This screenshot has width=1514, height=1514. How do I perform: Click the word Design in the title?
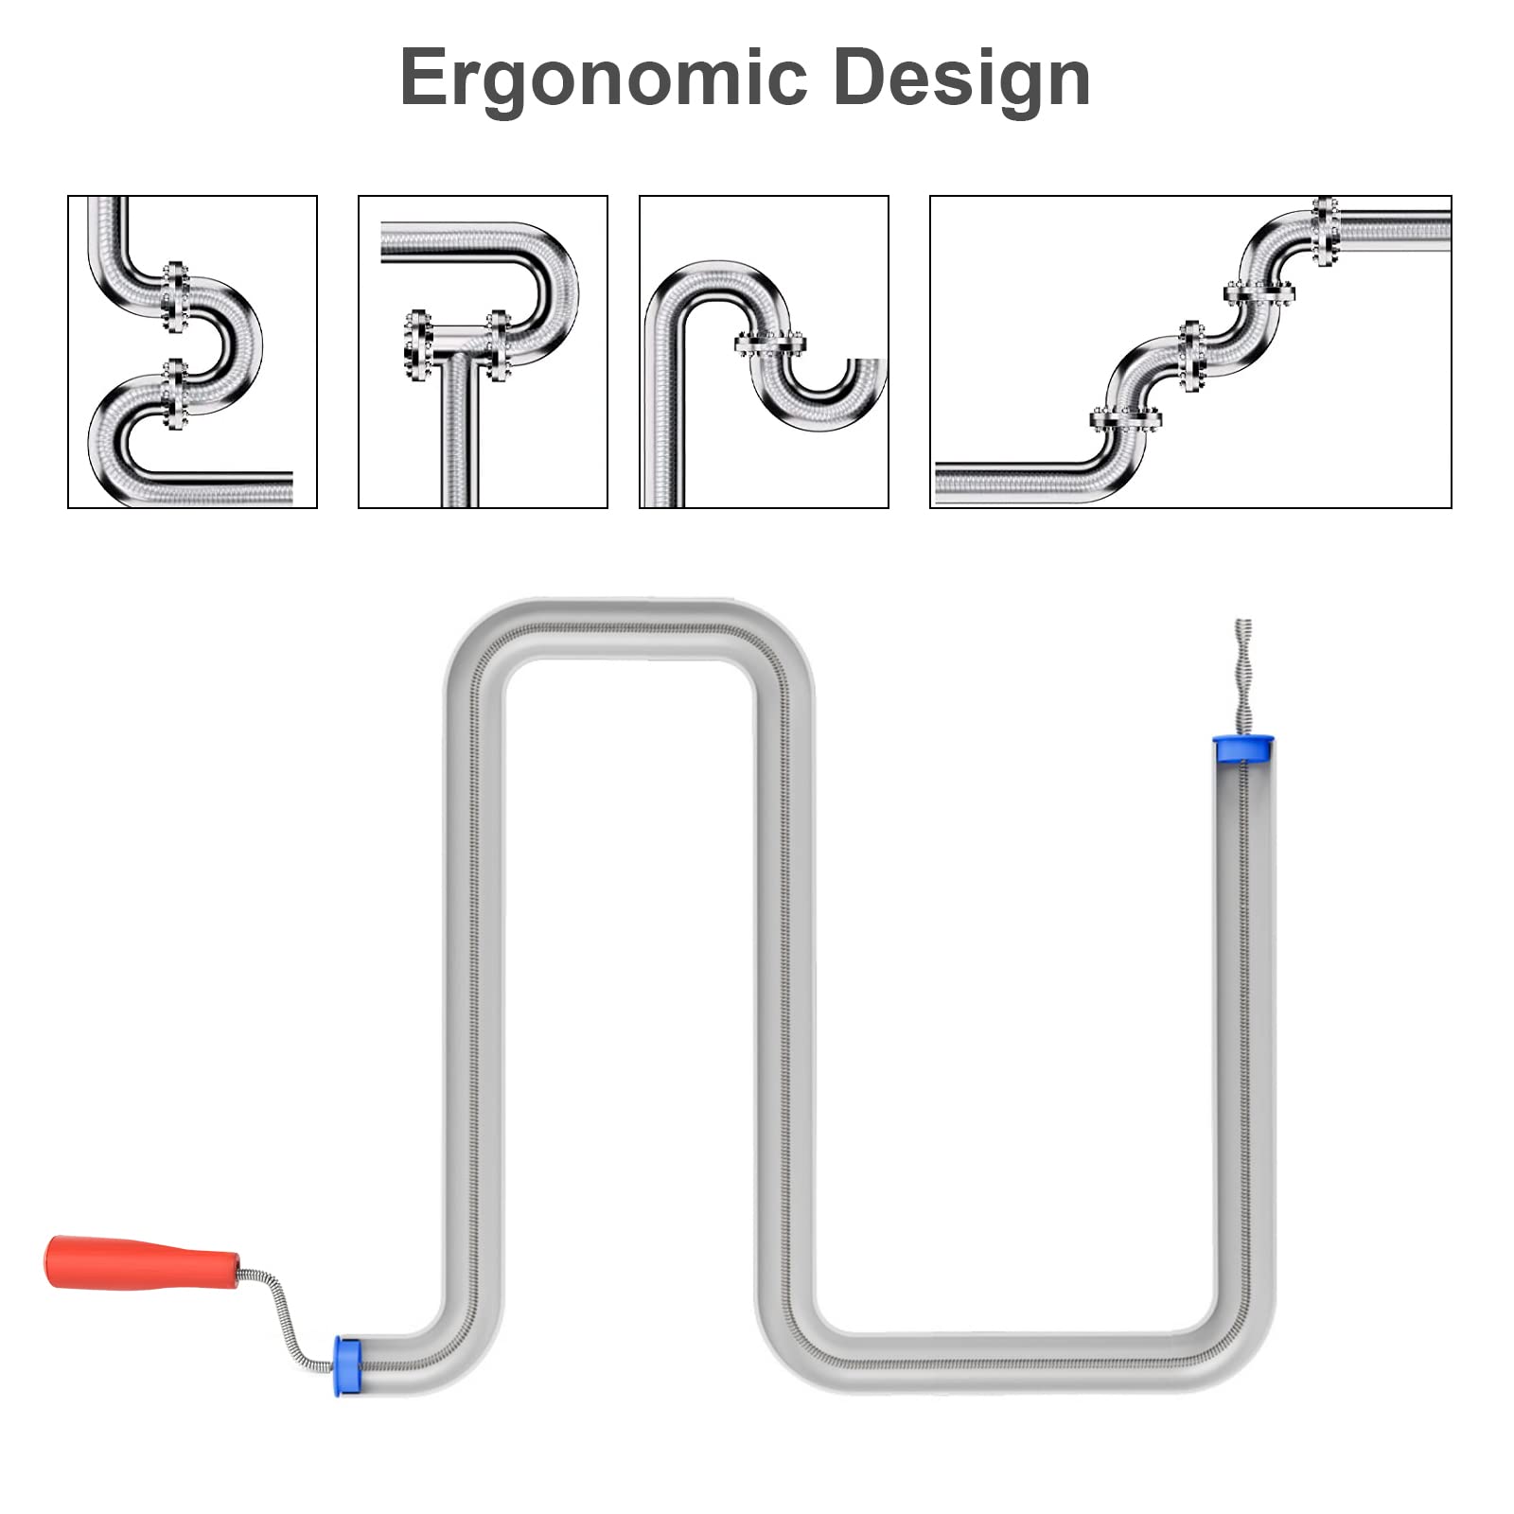pos(961,77)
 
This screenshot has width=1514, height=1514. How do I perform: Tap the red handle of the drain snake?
pos(142,1262)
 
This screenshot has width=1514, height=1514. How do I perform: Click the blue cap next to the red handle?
pos(348,1366)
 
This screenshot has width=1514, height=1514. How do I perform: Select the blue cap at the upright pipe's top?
pos(1243,748)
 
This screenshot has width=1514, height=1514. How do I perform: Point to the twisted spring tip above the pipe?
pos(1243,677)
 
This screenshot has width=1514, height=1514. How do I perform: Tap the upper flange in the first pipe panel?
pos(174,297)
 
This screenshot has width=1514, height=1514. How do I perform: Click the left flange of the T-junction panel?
pos(418,345)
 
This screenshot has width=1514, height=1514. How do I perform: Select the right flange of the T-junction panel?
pos(499,345)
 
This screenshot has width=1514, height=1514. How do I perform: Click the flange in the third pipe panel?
pos(770,344)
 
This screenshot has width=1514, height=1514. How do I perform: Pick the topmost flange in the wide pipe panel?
pos(1326,232)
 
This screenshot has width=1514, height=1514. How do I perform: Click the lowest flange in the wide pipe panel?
pos(1125,418)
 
